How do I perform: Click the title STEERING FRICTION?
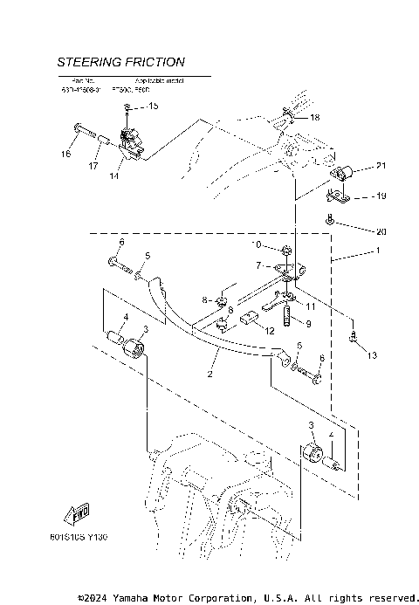(120, 62)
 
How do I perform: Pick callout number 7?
(259, 265)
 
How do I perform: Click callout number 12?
(269, 330)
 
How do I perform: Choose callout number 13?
(373, 355)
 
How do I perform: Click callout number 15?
(154, 107)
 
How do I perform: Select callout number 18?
(314, 117)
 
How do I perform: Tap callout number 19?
(380, 196)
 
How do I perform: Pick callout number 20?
(380, 231)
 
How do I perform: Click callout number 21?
(380, 166)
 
